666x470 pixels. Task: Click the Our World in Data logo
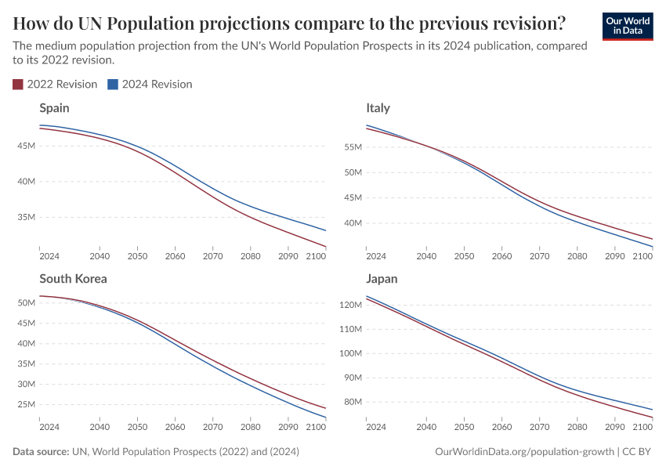click(x=627, y=26)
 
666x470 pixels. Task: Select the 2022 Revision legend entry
click(x=55, y=84)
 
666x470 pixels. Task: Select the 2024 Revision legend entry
click(x=150, y=84)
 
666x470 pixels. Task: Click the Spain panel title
click(x=54, y=108)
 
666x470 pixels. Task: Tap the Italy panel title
click(x=378, y=108)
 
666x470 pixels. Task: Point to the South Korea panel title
click(x=73, y=279)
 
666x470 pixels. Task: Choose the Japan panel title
click(x=382, y=279)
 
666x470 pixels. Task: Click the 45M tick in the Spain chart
click(x=26, y=146)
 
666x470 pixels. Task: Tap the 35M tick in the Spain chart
click(x=26, y=217)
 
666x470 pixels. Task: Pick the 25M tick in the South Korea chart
click(x=26, y=404)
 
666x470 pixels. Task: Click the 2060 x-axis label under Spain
click(x=175, y=256)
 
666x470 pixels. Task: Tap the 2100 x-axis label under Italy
click(x=642, y=256)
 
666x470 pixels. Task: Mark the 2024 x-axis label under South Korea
click(x=49, y=427)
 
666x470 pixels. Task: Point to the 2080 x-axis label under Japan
click(x=577, y=427)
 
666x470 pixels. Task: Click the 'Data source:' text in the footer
click(x=41, y=452)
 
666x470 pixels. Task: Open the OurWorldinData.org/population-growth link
click(x=524, y=452)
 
